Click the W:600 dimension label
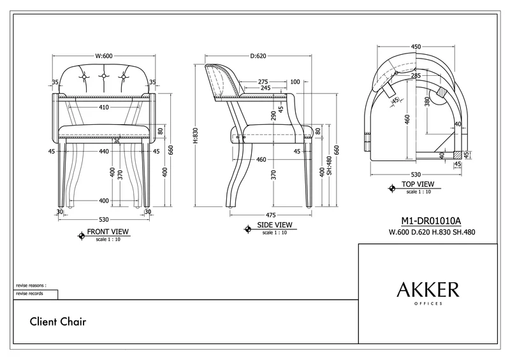tap(104, 56)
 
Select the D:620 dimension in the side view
tap(258, 56)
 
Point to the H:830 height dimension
tap(195, 135)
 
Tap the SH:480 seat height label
tap(329, 166)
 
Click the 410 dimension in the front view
tap(104, 107)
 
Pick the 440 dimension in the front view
tap(104, 151)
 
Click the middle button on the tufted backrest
tap(104, 76)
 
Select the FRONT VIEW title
tap(108, 231)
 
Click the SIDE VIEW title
tap(275, 225)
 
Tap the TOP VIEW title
tap(418, 184)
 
